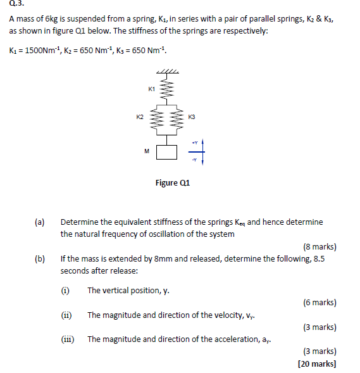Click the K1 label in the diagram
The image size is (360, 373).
151,89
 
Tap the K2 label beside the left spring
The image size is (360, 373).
140,117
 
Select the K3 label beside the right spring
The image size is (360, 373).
192,117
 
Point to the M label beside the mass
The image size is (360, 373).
146,151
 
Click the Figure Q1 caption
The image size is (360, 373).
173,183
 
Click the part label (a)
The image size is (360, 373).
40,222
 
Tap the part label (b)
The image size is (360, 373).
40,259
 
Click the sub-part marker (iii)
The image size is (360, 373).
68,339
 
